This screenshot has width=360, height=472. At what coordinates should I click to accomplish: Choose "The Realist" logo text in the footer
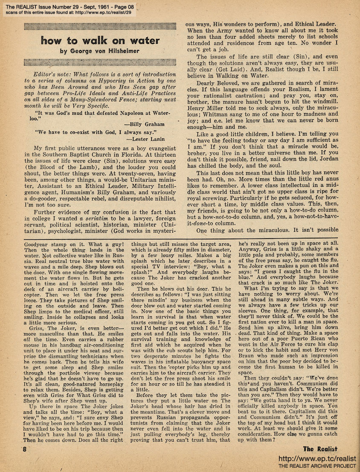click(x=320, y=449)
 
